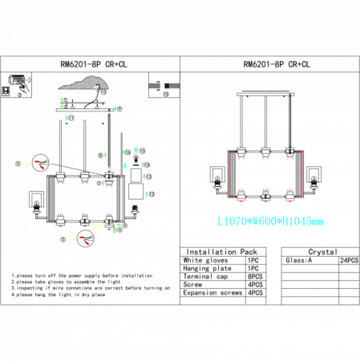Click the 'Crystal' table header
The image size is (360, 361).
(322, 251)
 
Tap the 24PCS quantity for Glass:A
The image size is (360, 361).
(349, 261)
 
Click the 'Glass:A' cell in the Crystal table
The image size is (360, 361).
(298, 261)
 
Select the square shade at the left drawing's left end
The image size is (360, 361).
(37, 197)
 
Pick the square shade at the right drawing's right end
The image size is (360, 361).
(315, 175)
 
